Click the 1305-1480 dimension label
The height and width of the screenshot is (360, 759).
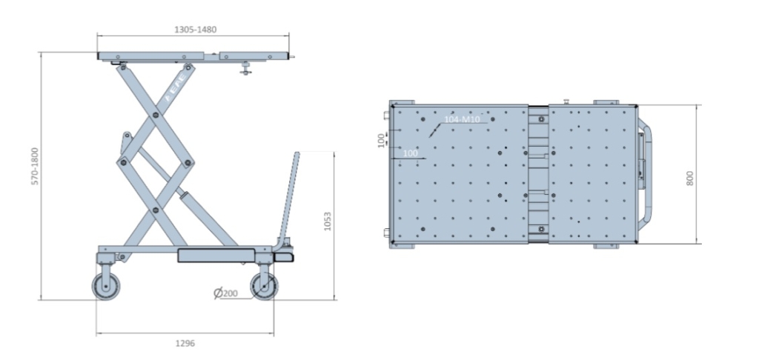tap(195, 30)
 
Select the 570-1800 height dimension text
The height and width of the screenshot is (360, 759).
tap(35, 167)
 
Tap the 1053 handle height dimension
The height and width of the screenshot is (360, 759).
tap(328, 221)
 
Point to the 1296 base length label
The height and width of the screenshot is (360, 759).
tap(185, 344)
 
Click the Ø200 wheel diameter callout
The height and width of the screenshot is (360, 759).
tap(226, 293)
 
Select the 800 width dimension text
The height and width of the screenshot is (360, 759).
tap(690, 178)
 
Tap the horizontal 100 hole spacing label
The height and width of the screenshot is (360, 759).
tap(410, 153)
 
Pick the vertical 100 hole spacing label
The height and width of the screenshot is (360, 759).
tap(381, 140)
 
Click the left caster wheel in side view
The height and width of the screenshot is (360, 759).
tap(106, 287)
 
